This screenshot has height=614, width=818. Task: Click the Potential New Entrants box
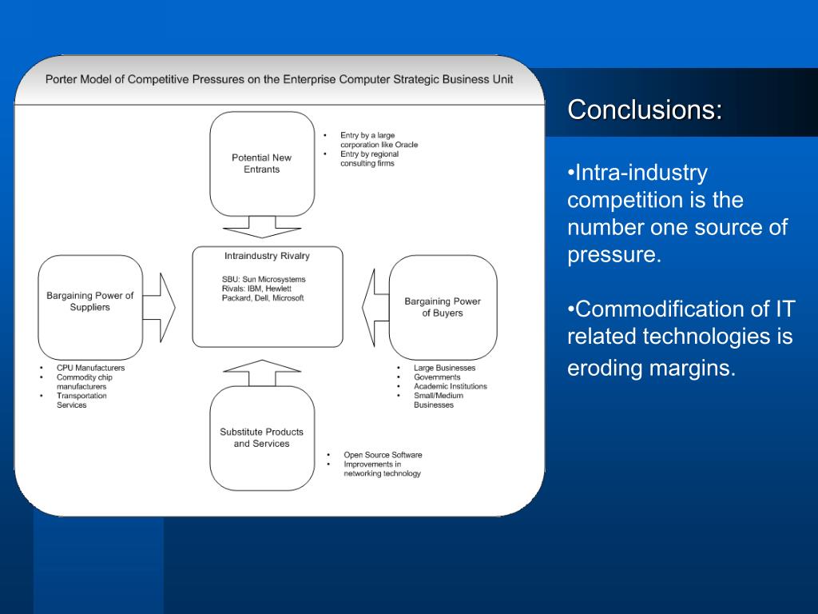point(262,163)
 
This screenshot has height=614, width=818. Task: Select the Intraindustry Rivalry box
point(267,297)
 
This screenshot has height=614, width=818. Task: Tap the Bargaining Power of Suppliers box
point(90,307)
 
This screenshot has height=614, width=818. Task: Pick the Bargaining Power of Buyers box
point(443,307)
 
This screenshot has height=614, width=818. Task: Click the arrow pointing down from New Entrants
point(262,227)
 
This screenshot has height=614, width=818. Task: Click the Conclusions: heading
point(645,110)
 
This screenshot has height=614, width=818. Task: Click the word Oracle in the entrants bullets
point(406,145)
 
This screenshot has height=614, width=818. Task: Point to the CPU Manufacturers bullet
point(90,368)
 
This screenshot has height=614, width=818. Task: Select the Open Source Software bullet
point(383,455)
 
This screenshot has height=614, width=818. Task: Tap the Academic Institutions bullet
point(450,386)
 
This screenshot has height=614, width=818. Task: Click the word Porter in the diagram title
point(60,80)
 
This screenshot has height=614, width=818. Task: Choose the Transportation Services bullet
point(81,400)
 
